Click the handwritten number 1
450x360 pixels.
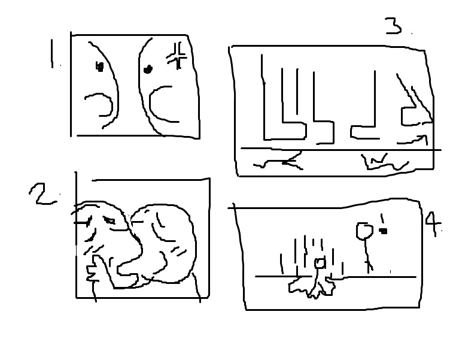coord(52,54)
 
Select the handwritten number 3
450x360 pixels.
coord(393,26)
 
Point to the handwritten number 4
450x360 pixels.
coord(433,223)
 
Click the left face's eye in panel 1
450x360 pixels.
coord(99,67)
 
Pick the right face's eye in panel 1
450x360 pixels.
coord(148,69)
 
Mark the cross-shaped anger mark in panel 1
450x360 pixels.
coord(177,56)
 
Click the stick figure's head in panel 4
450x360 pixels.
coord(364,231)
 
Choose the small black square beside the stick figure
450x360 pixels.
coord(383,231)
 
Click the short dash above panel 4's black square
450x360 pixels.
coord(382,218)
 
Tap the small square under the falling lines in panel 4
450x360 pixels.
coord(320,263)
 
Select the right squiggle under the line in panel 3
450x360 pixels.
coord(385,163)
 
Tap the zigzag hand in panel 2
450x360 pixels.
coord(92,271)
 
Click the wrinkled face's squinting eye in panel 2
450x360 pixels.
coord(109,220)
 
